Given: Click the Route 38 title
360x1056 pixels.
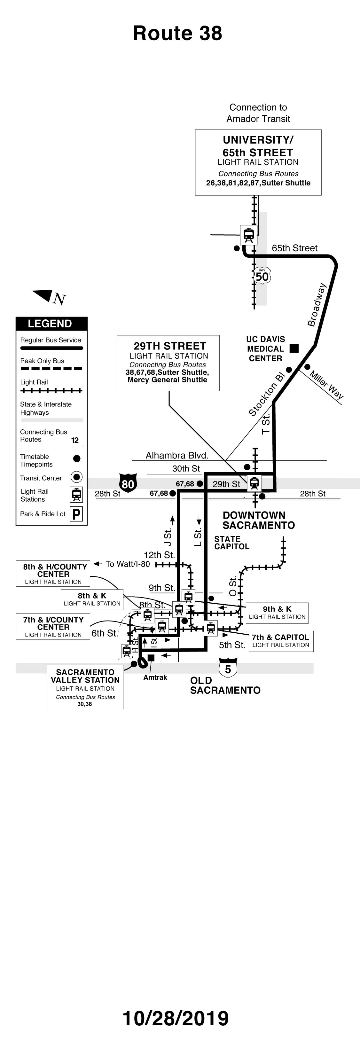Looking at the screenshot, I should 177,33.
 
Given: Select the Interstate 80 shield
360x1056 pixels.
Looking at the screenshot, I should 128,483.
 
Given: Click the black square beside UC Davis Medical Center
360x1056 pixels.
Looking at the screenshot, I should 294,348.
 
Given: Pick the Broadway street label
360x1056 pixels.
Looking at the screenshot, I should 317,305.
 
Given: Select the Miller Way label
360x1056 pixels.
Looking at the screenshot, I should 326,385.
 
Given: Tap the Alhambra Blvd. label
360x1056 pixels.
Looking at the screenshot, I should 177,455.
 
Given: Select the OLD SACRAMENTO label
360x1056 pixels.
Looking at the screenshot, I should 225,685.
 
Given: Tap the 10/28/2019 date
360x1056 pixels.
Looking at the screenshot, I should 176,1018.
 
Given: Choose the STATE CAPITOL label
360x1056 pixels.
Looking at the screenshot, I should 232,543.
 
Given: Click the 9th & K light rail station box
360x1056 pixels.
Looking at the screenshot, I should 277,613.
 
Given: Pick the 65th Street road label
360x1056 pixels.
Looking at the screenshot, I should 294,248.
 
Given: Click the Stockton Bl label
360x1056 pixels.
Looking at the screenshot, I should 267,394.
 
